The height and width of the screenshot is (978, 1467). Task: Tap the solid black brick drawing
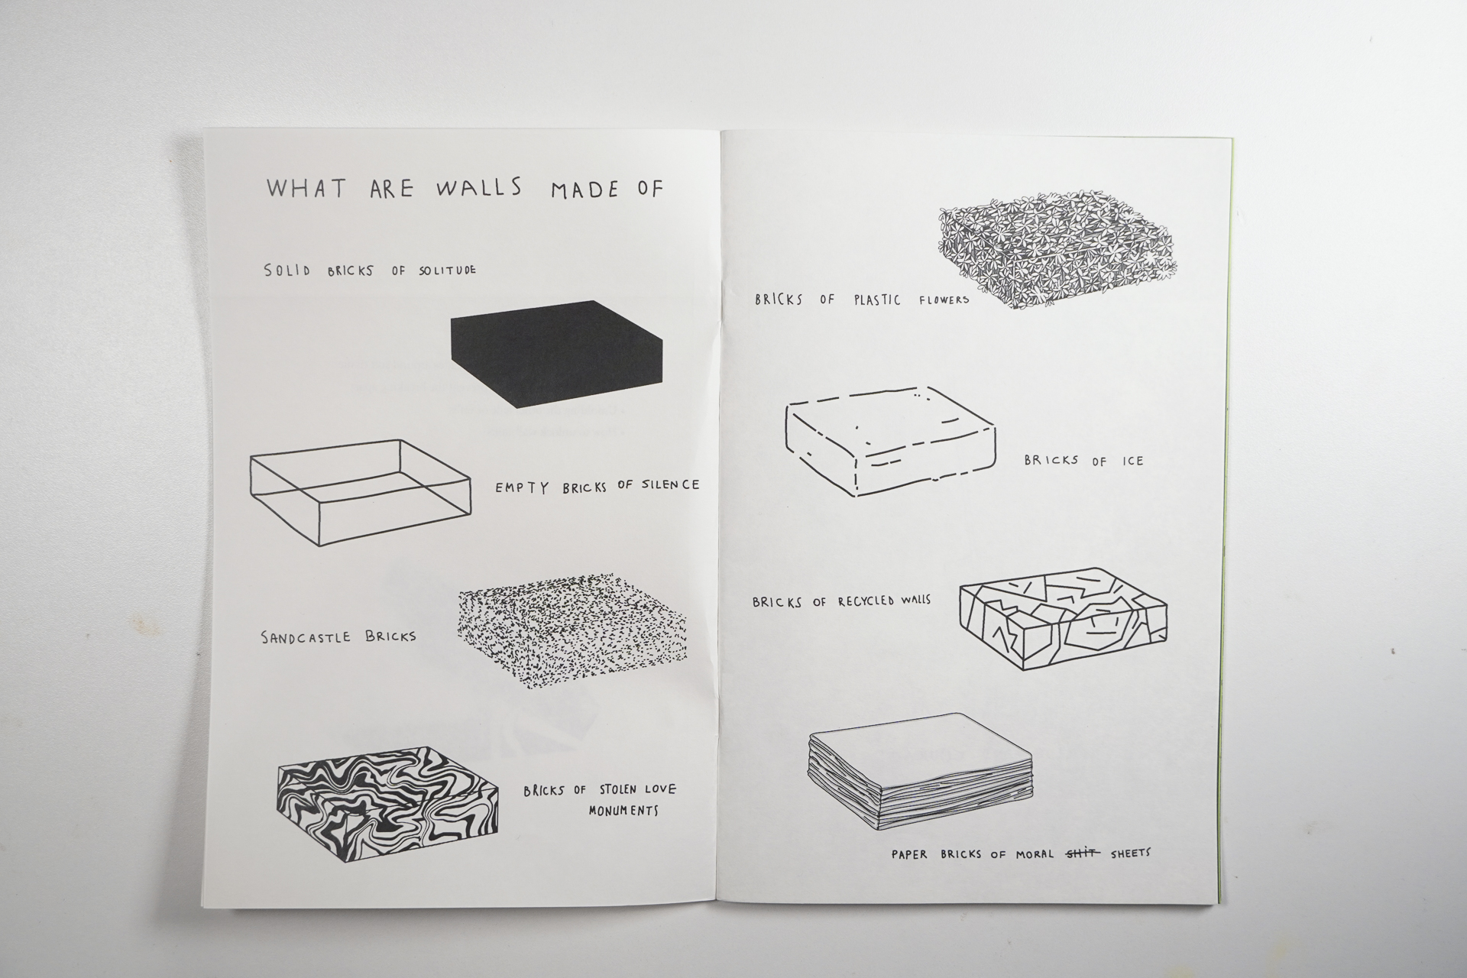(x=557, y=353)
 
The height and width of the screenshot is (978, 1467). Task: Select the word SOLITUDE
(x=447, y=270)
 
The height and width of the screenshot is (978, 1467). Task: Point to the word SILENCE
(x=669, y=484)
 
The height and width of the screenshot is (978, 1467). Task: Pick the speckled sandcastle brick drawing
(x=572, y=630)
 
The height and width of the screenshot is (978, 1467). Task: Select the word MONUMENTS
(x=623, y=811)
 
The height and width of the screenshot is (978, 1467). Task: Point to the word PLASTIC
(x=877, y=300)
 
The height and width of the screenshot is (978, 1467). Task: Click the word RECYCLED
(x=869, y=601)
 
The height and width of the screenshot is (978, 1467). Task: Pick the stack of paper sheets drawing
(x=919, y=776)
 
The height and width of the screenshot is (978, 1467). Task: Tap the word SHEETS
(x=1130, y=853)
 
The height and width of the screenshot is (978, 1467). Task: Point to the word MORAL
(x=1036, y=854)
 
